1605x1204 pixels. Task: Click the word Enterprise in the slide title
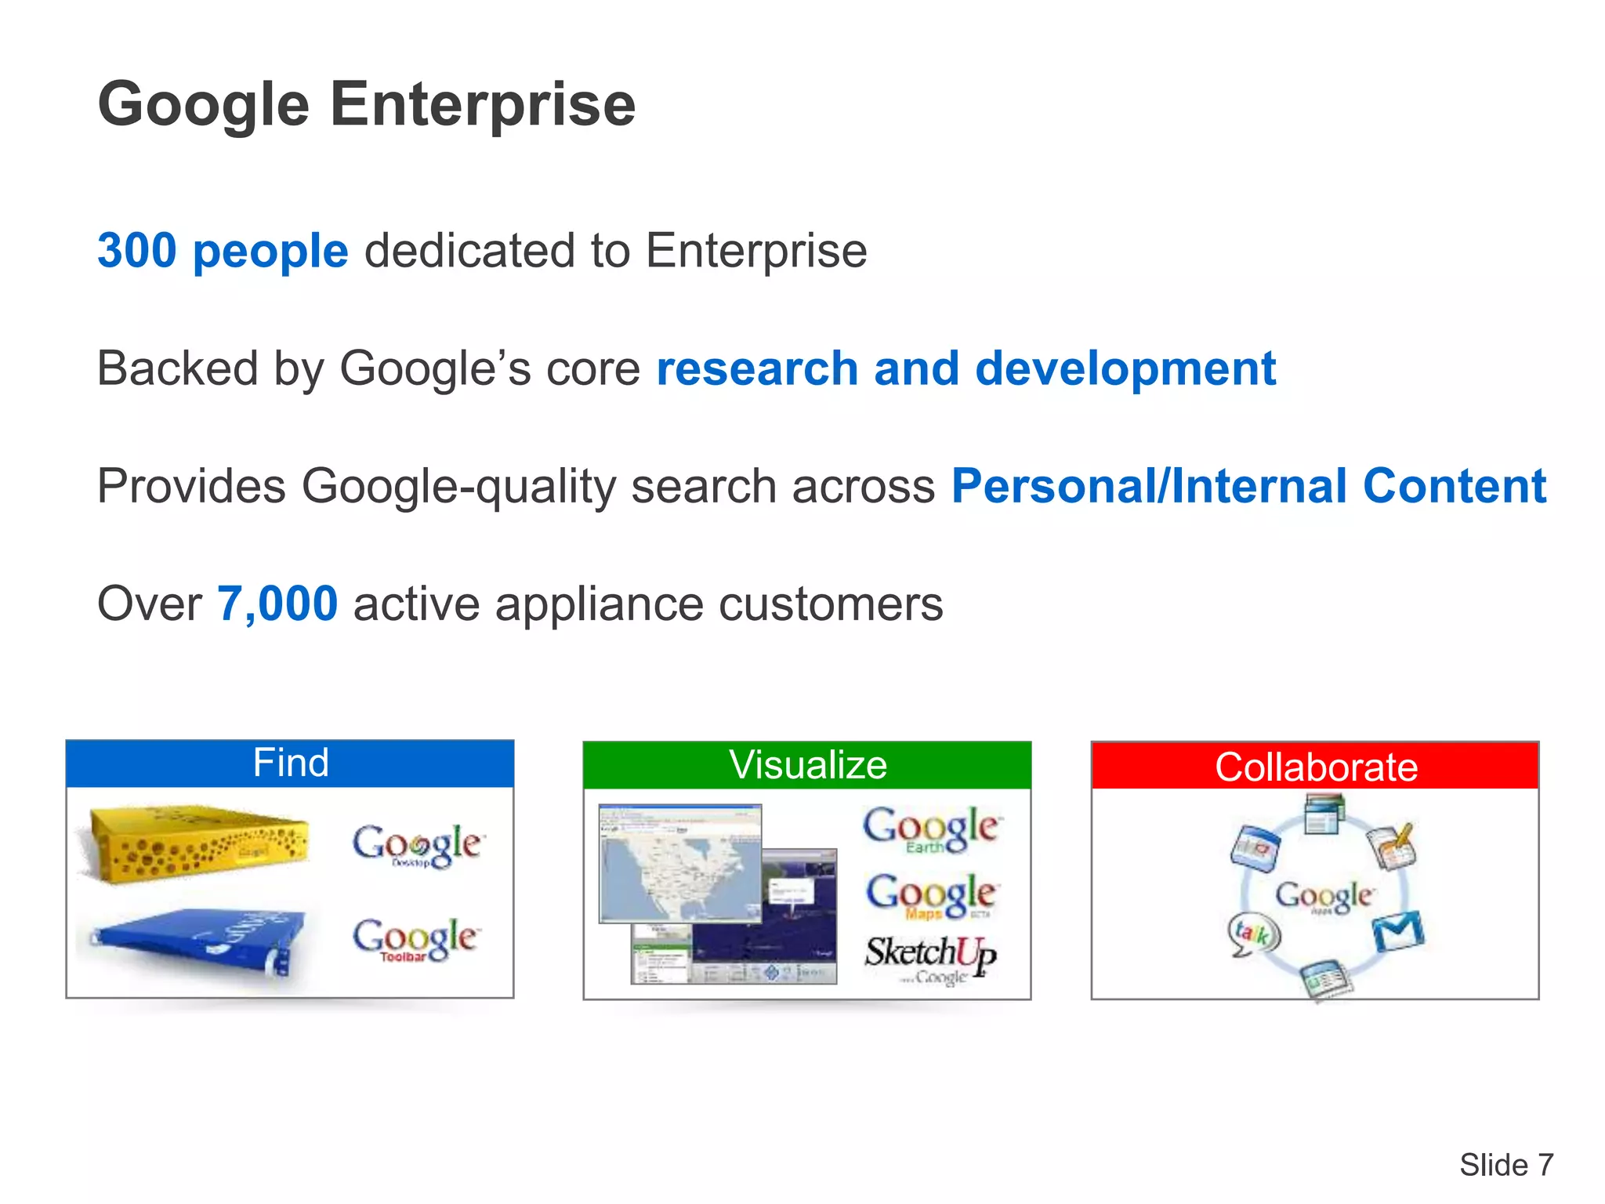[x=482, y=106]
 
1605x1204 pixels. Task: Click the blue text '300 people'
[x=223, y=251]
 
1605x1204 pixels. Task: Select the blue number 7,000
[x=277, y=604]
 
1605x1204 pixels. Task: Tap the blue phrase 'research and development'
[x=966, y=368]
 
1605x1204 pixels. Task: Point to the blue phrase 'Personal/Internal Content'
[x=1248, y=486]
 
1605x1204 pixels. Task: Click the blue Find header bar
[x=290, y=763]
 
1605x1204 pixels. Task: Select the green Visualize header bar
[x=807, y=765]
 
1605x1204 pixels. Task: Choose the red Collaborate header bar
[x=1315, y=766]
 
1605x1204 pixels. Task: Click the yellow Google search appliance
[x=197, y=843]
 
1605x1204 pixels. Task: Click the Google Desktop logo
[x=417, y=845]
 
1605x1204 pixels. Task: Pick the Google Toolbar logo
[x=415, y=939]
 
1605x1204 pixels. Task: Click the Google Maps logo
[x=930, y=895]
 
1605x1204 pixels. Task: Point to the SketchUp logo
[x=930, y=956]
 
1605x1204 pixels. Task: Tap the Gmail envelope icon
[x=1397, y=931]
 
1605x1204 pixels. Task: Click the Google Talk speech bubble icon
[x=1253, y=934]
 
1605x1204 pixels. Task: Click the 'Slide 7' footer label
[x=1505, y=1165]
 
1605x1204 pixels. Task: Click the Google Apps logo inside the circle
[x=1323, y=895]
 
